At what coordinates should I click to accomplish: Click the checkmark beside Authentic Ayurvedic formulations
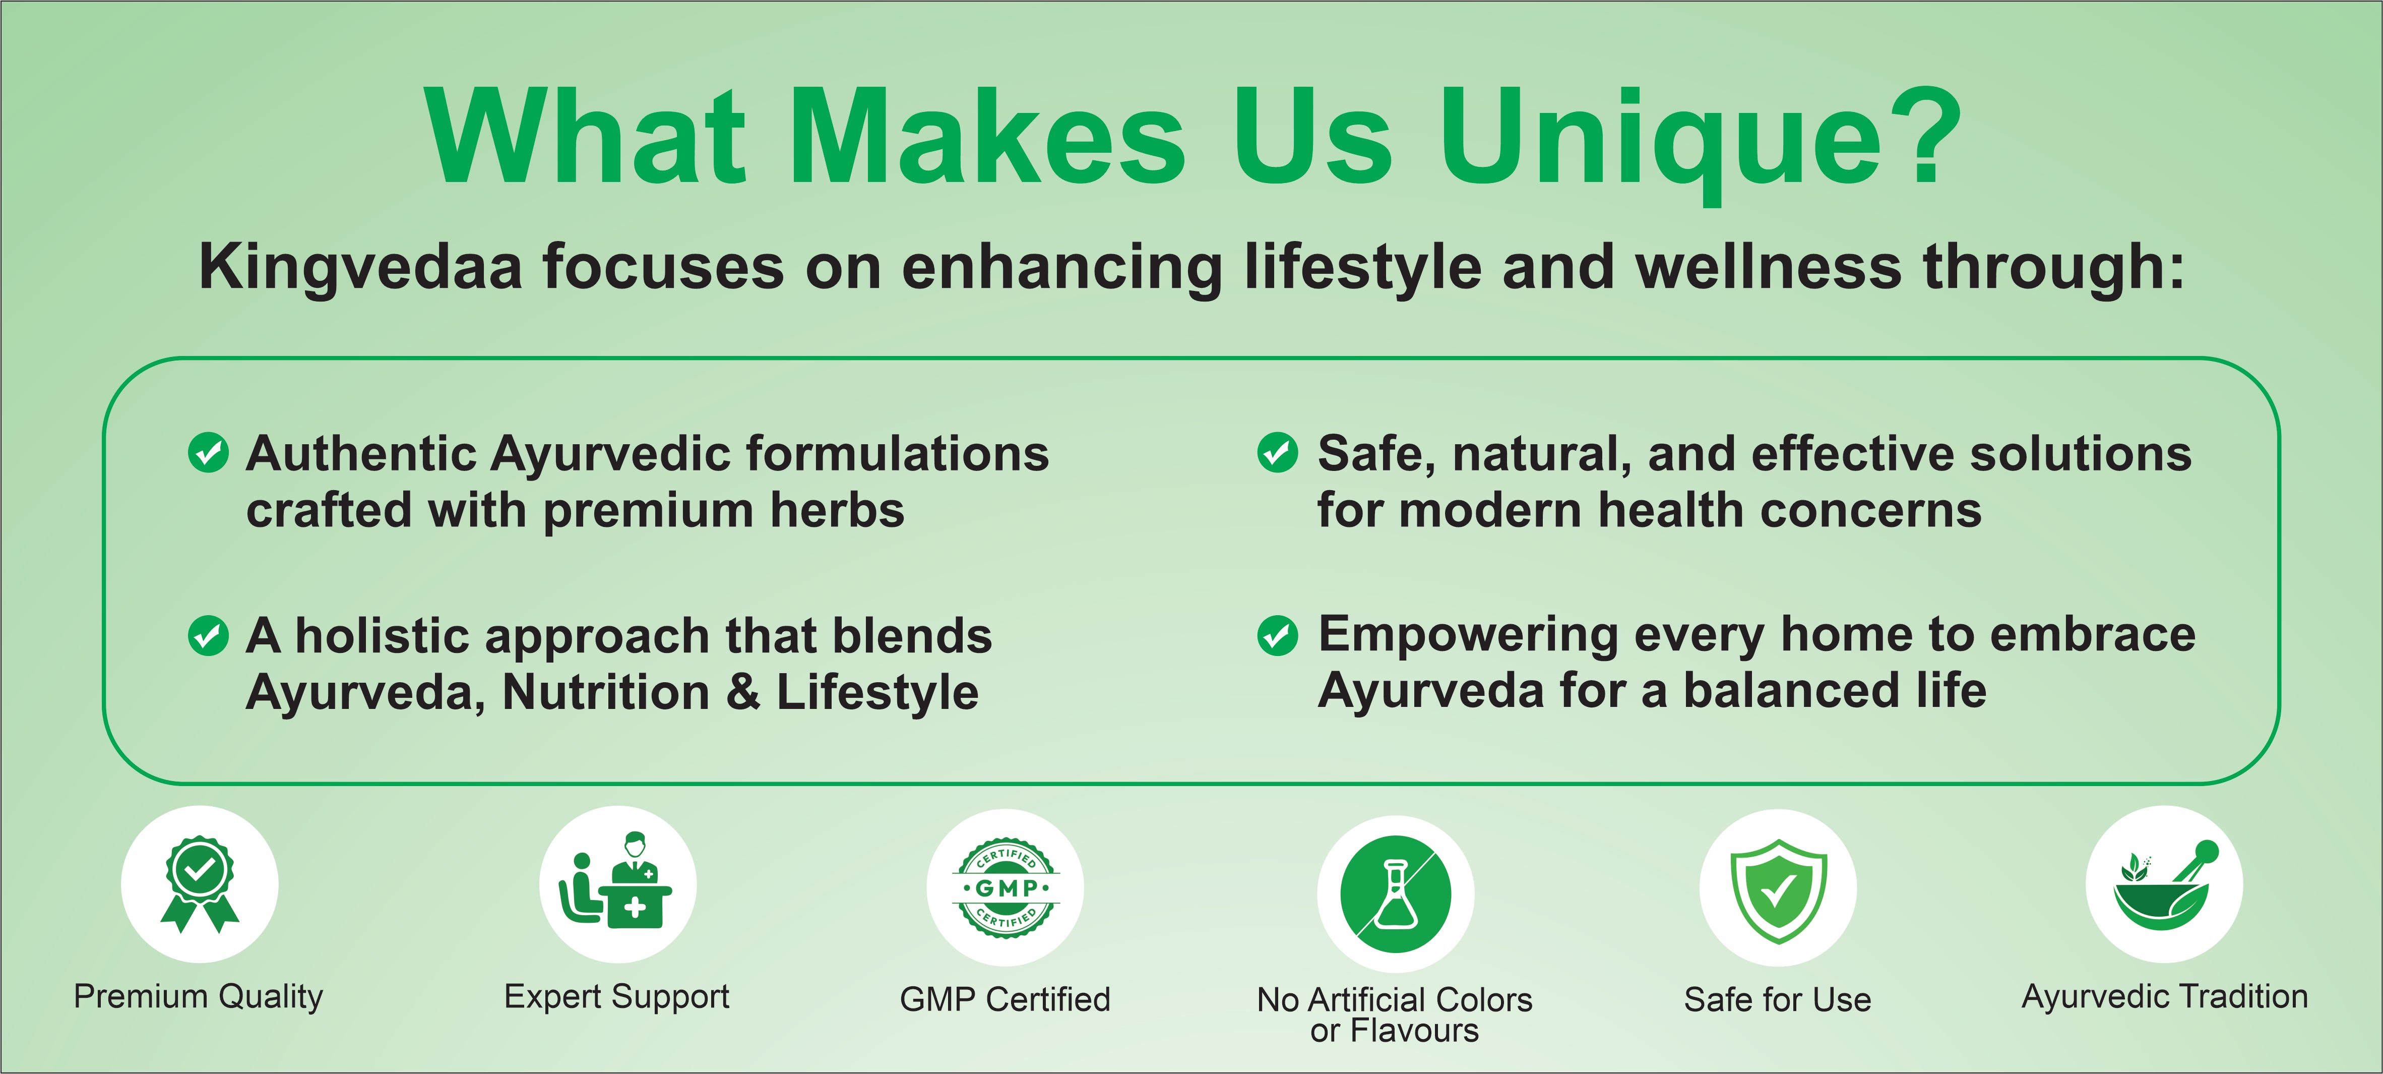click(x=208, y=452)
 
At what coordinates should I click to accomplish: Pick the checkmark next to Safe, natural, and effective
click(x=1278, y=452)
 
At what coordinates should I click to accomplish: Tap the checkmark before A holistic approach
click(x=208, y=635)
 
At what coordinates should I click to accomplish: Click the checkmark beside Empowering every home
click(x=1278, y=635)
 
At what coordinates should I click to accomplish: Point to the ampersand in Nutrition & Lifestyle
click(x=743, y=692)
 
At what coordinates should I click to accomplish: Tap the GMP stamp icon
click(x=1006, y=888)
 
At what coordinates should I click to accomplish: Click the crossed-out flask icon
click(x=1396, y=893)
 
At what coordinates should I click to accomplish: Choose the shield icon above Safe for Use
click(x=1778, y=890)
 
